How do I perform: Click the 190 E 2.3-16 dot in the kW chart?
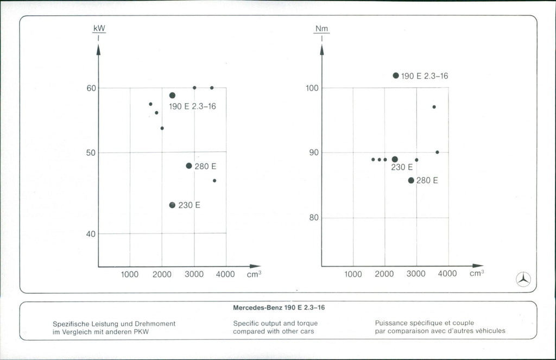[172, 96]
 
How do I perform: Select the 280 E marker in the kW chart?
[189, 166]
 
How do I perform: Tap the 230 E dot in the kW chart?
[172, 205]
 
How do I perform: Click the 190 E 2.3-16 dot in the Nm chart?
[396, 75]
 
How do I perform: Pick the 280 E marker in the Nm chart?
[411, 180]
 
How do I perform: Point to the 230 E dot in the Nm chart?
[395, 160]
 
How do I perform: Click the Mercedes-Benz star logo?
[523, 279]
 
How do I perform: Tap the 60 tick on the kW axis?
[91, 88]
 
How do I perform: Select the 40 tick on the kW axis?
[91, 233]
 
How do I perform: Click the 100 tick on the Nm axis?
[313, 88]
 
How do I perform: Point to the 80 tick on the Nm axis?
[314, 218]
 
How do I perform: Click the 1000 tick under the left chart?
[130, 274]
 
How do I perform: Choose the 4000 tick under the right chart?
[447, 274]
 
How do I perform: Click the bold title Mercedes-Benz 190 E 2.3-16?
[279, 308]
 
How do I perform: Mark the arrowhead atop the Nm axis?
[321, 50]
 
